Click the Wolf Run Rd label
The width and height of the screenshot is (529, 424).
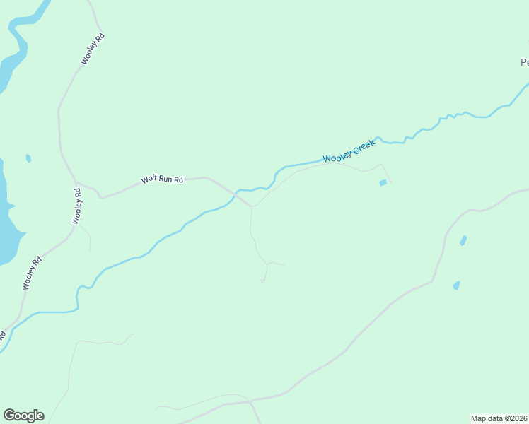162,179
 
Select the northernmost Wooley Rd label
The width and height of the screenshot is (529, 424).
93,49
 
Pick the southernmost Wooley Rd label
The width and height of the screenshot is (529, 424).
33,273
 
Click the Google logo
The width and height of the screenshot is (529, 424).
23,416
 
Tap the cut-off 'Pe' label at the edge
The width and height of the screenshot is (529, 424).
524,62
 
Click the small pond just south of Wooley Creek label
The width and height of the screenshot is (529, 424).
383,183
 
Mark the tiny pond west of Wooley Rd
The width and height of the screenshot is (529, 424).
28,158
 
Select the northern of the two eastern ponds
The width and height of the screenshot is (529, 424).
463,240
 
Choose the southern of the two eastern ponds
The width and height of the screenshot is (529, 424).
456,285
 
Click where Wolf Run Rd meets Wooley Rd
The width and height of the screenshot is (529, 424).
76,182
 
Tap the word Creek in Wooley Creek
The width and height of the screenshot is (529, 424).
362,148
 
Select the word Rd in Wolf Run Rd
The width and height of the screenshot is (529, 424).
178,180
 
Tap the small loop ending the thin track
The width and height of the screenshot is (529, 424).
263,281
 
